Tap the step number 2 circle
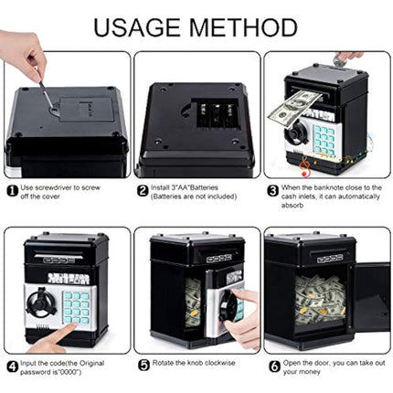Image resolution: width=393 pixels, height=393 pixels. point(142,191)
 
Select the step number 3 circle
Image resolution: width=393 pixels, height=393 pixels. point(272,191)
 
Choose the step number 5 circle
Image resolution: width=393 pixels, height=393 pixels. point(142,363)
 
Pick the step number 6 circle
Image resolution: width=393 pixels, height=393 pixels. point(272,363)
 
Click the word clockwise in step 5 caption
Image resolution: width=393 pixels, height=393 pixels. point(217,363)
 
